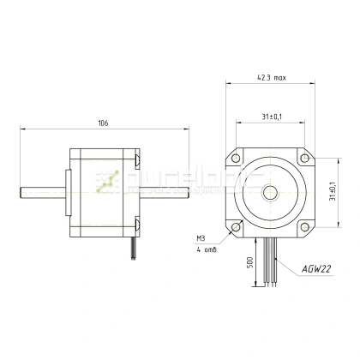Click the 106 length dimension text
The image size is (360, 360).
coord(103,123)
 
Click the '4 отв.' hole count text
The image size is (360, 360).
coord(206,250)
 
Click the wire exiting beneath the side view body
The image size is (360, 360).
coord(133,248)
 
